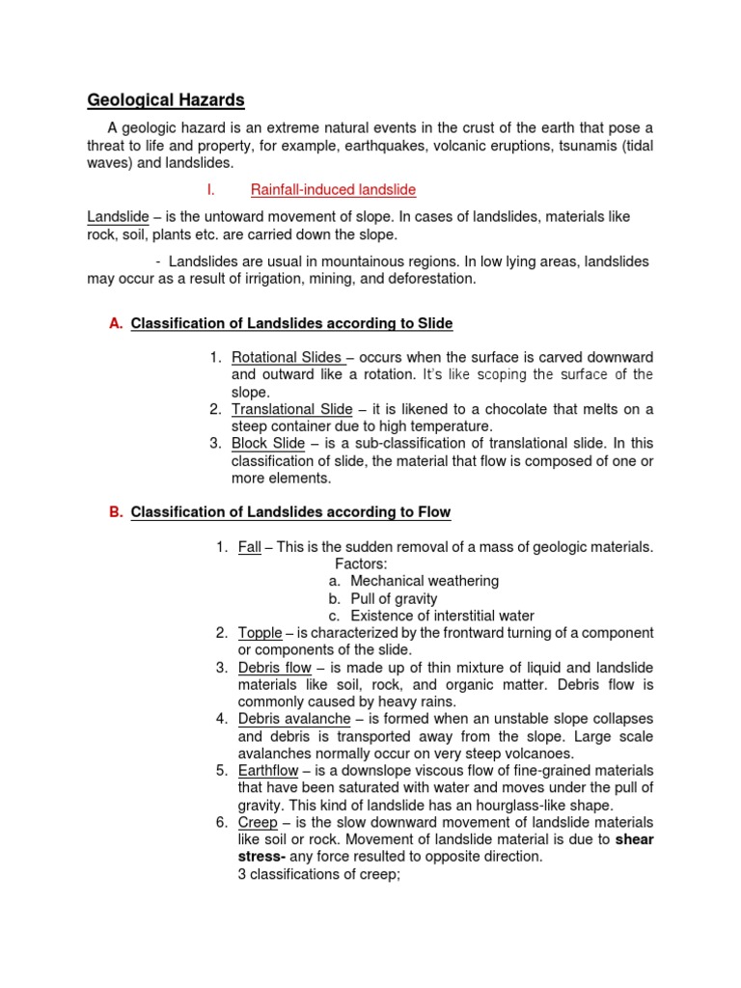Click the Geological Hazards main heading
pos(166,99)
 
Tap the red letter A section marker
pos(116,323)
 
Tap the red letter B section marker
pos(116,511)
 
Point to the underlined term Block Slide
pos(267,443)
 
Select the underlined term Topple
pos(260,633)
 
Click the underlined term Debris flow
pos(274,668)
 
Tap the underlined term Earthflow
pos(268,770)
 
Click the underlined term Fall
pos(249,547)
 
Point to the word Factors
pos(361,563)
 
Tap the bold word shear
pos(634,839)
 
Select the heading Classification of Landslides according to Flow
pos(290,511)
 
